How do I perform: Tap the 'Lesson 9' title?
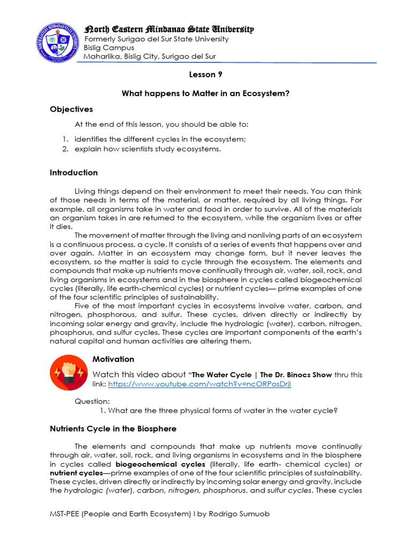point(205,75)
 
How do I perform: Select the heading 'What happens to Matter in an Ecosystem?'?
point(205,93)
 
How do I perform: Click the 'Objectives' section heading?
point(71,110)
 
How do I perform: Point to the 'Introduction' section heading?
point(73,172)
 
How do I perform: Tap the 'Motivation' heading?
point(113,359)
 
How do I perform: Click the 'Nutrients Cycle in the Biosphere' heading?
point(113,429)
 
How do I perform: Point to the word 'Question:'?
point(92,401)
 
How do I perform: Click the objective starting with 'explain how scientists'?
point(148,149)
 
